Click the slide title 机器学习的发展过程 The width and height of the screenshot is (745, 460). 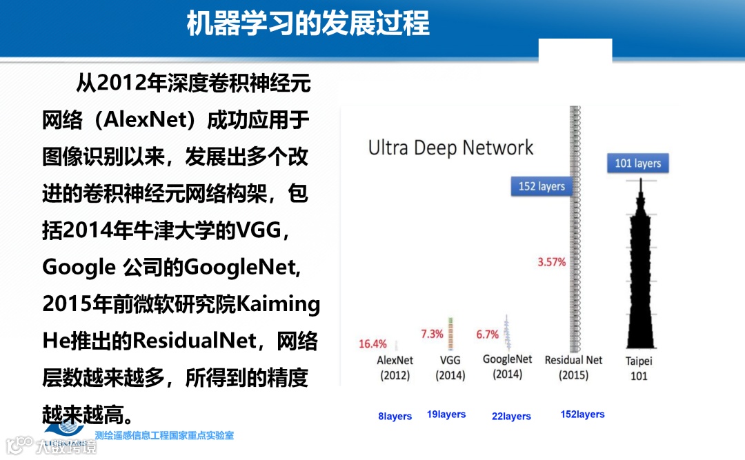pos(308,23)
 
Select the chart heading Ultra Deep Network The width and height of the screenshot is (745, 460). pos(450,148)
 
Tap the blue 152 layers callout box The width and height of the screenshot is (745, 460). pos(542,186)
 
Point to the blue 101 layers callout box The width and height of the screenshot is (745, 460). pos(637,163)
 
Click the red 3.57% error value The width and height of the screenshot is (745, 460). pos(552,262)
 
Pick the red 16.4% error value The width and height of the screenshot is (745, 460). pos(373,343)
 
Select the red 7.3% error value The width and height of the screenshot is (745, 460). pos(432,334)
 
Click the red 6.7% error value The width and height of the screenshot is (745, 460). pos(487,334)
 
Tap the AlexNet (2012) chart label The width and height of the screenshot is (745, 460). pos(395,368)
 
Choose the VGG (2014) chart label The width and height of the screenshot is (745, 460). pos(450,368)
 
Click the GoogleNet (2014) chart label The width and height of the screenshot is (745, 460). pos(508,366)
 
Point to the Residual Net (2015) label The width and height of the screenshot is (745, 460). pos(573,367)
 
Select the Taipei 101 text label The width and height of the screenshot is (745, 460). pos(639,368)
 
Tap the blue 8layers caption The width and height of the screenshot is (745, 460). pos(395,417)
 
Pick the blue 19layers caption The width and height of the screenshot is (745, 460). pos(446,414)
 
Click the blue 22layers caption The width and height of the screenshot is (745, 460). pos(511,417)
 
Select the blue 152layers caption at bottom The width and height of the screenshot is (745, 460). pos(583,414)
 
